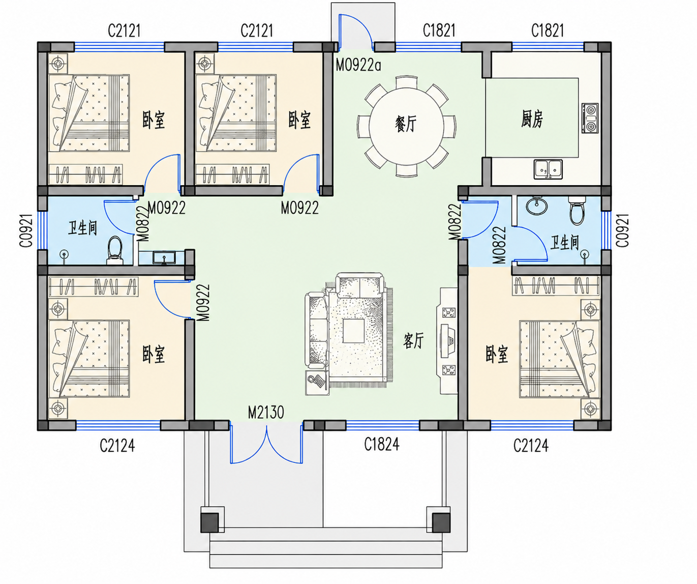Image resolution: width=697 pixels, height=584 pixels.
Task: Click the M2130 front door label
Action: click(266, 412)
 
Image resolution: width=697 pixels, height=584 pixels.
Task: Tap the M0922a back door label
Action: click(358, 65)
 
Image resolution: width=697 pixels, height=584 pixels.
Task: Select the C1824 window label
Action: click(382, 444)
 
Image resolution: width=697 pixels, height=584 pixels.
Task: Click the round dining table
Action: click(406, 126)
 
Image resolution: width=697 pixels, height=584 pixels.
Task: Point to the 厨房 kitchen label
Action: click(532, 119)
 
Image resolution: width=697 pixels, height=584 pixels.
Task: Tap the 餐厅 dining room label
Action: click(406, 124)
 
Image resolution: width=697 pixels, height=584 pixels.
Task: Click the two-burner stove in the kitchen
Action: click(590, 118)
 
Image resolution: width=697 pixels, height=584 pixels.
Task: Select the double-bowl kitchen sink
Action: click(548, 169)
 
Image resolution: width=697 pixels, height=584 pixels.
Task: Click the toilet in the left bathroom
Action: click(115, 251)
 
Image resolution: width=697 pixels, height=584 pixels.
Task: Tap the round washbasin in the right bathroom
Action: click(537, 205)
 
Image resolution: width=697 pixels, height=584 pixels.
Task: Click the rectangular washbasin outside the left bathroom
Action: click(164, 258)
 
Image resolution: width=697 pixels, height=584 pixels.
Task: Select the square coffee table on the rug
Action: click(353, 331)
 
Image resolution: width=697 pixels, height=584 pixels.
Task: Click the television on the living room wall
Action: click(448, 341)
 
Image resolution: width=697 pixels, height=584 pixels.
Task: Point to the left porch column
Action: click(209, 523)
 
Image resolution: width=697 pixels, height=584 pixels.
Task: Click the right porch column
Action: click(441, 523)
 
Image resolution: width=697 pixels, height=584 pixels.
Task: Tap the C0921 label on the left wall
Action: click(26, 230)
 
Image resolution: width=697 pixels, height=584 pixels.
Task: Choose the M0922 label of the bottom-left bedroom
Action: click(203, 302)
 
